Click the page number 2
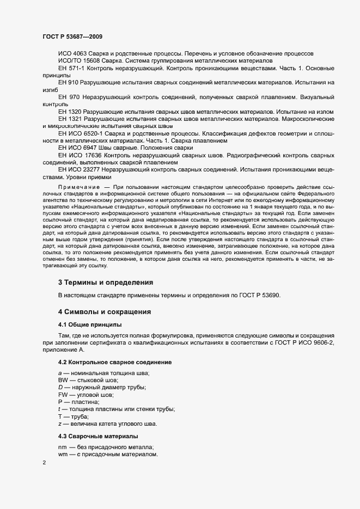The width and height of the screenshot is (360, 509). click(x=44, y=463)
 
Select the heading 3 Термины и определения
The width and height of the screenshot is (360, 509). click(x=105, y=283)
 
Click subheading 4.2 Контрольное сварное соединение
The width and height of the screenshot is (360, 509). click(x=115, y=362)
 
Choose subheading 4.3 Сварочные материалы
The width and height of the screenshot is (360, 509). click(x=98, y=436)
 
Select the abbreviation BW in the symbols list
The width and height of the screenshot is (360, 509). click(x=63, y=379)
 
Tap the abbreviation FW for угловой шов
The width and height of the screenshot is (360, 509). click(x=63, y=394)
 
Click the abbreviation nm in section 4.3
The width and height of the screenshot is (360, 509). click(x=62, y=446)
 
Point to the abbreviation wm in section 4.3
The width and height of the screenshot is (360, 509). click(x=63, y=454)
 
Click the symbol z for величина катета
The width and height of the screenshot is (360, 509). click(x=59, y=424)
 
